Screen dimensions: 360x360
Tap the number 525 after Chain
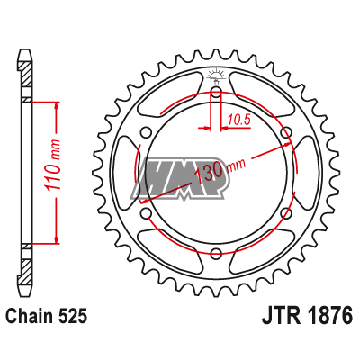point(75,316)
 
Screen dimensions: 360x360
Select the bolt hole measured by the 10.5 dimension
point(217,93)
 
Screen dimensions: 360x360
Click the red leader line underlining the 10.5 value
point(236,127)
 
